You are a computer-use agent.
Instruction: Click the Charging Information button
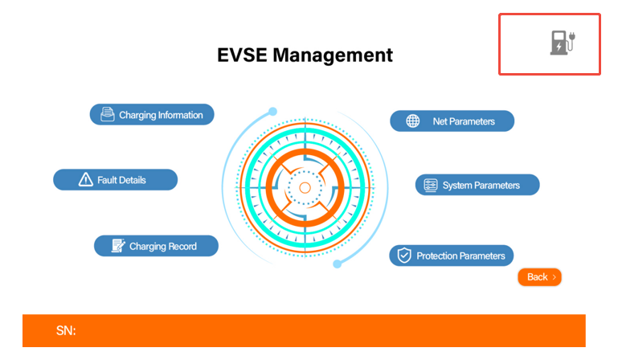(x=152, y=115)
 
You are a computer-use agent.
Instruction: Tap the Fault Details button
(x=116, y=180)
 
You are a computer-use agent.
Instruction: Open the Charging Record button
(x=156, y=246)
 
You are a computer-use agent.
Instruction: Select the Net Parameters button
(x=452, y=121)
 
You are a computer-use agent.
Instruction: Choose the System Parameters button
(x=477, y=185)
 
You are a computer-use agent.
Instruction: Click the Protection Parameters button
(x=452, y=256)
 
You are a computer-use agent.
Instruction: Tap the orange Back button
(x=539, y=277)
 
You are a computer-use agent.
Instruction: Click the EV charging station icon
(x=563, y=43)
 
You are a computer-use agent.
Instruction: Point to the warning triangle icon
(x=85, y=180)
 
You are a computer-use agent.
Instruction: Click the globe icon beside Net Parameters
(x=412, y=121)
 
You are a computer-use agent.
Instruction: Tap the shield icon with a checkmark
(x=404, y=256)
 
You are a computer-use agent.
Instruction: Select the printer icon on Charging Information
(x=107, y=114)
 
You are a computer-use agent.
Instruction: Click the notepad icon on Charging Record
(x=118, y=246)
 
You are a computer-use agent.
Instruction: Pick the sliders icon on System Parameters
(x=431, y=185)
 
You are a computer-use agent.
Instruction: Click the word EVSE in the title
(x=243, y=55)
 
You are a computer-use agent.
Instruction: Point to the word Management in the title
(x=333, y=55)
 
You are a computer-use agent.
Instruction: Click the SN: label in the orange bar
(x=66, y=330)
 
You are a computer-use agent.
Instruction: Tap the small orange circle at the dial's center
(x=305, y=188)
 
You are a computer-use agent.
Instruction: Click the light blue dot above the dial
(x=272, y=112)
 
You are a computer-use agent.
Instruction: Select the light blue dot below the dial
(x=337, y=264)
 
